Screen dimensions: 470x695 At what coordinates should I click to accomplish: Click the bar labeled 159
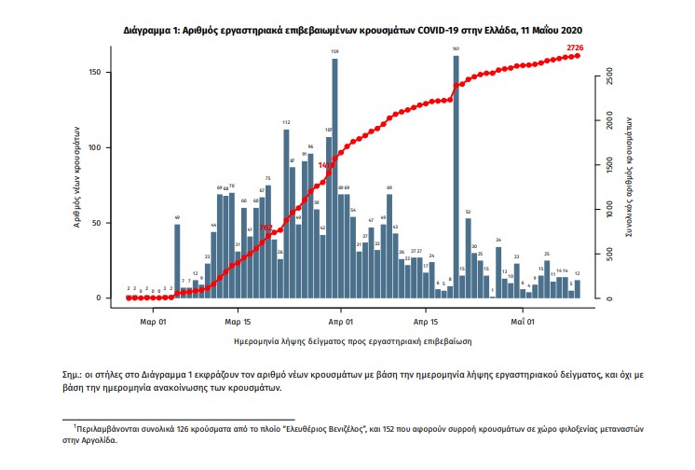(x=334, y=177)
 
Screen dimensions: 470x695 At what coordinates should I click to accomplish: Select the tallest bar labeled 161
(x=456, y=177)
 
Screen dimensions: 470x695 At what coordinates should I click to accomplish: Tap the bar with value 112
(x=286, y=214)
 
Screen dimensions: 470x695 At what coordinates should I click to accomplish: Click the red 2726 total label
(x=576, y=47)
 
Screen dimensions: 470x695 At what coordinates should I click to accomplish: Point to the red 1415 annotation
(x=326, y=165)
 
